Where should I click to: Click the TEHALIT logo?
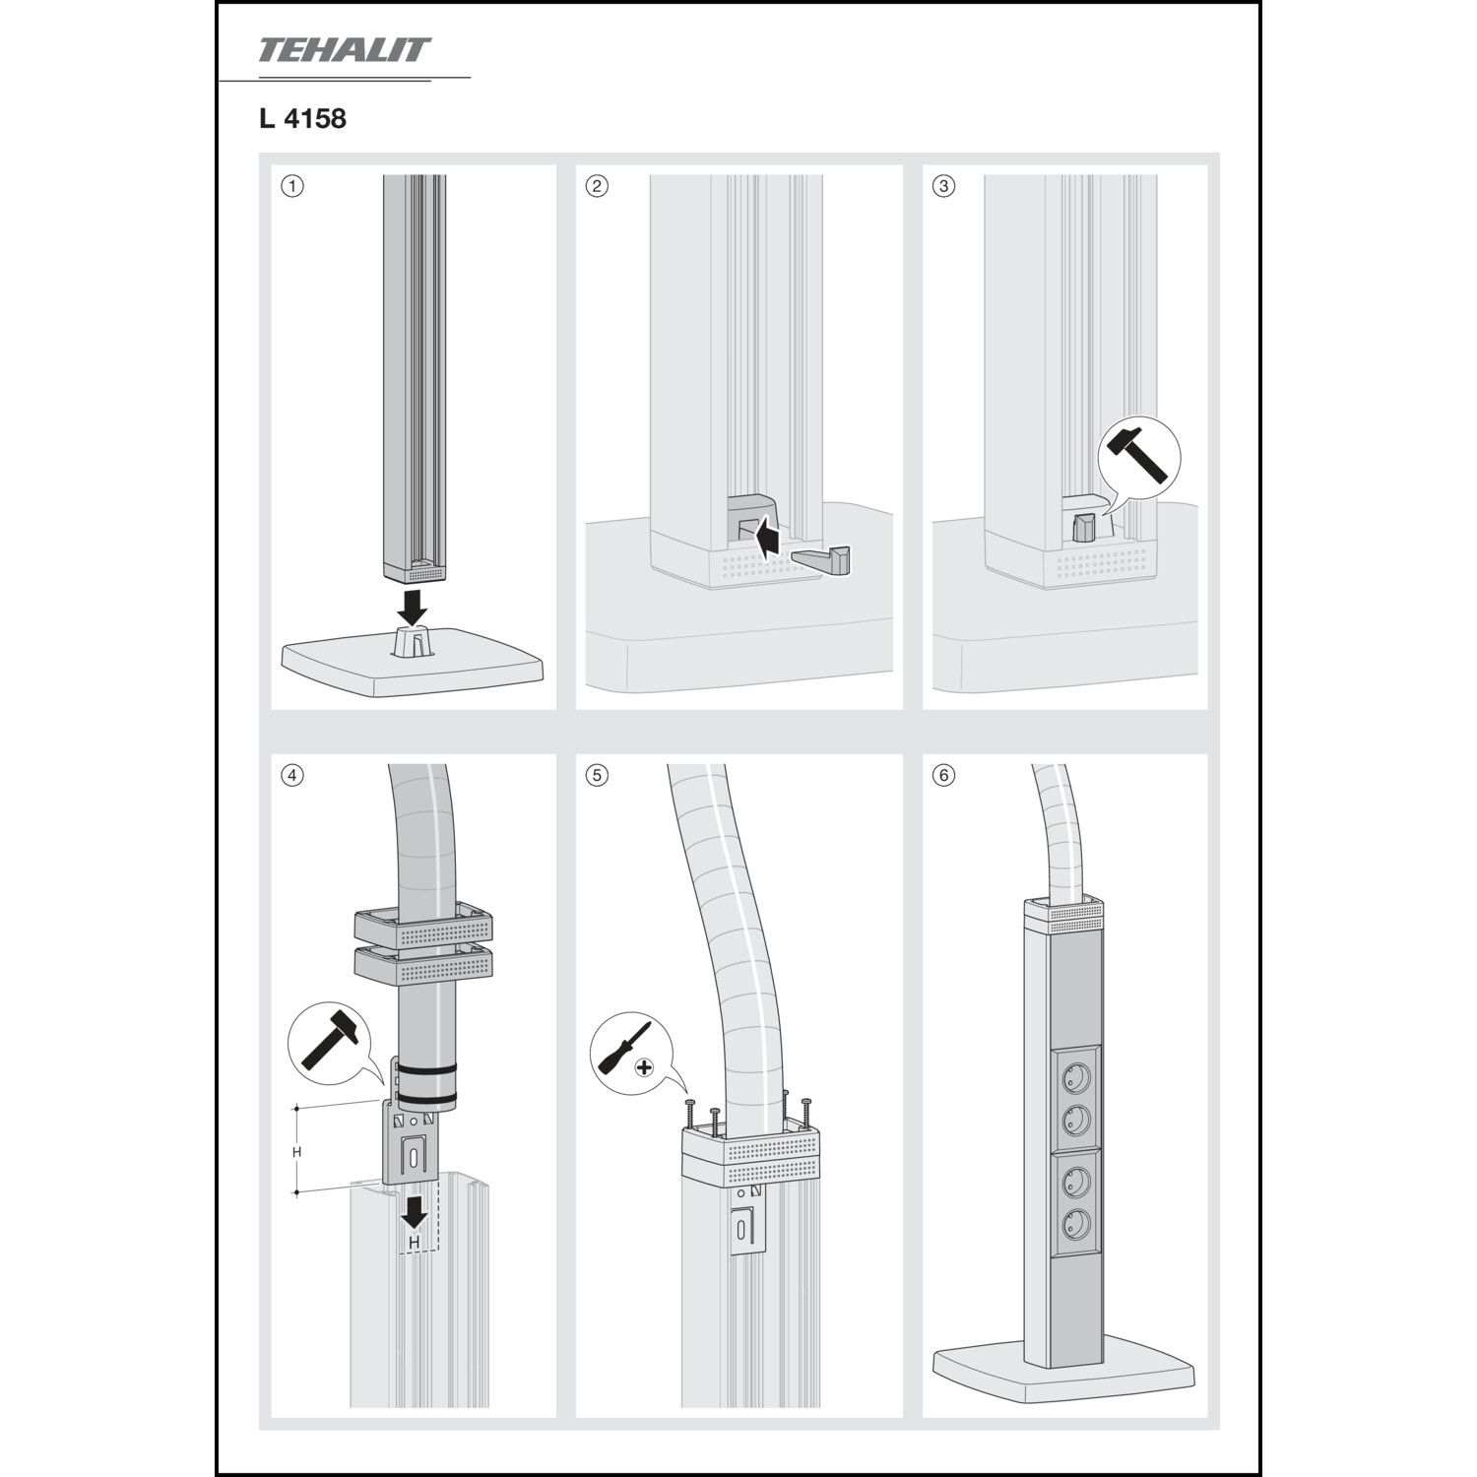coord(345,50)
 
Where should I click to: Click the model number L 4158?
coord(302,119)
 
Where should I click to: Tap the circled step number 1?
coord(291,186)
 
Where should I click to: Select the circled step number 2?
coord(597,186)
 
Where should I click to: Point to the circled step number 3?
coord(943,186)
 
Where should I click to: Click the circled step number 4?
coord(291,775)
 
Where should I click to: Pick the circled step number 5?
coord(597,775)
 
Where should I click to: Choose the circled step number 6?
coord(943,775)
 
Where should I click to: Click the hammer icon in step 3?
coord(1138,455)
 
